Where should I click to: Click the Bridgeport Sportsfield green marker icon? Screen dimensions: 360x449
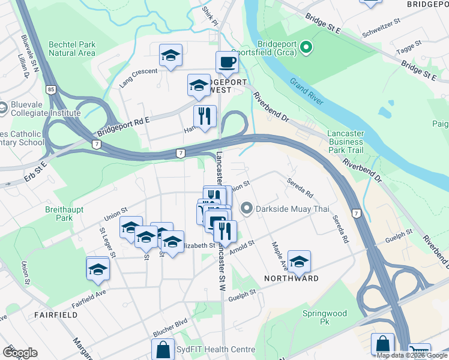306,47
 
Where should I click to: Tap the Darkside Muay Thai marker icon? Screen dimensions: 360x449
246,208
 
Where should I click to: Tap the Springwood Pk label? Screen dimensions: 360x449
325,317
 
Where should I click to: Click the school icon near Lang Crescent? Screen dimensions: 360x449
171,56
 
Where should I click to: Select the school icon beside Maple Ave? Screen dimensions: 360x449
299,261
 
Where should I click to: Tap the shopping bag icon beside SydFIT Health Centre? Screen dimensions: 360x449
163,349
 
